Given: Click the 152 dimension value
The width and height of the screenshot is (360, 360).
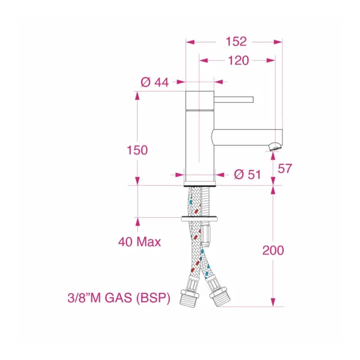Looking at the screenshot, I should pyautogui.click(x=236, y=41).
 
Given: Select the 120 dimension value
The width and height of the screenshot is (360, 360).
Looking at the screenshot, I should pyautogui.click(x=238, y=61).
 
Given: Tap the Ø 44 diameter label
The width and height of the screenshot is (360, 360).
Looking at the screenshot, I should pyautogui.click(x=155, y=82).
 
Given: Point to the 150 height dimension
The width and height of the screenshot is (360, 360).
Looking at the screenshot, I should pyautogui.click(x=137, y=150).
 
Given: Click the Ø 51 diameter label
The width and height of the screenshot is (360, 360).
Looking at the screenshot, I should pyautogui.click(x=247, y=174).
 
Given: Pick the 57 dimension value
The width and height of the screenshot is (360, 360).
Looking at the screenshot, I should pyautogui.click(x=286, y=168).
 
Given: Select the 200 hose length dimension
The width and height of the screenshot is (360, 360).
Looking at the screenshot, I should pyautogui.click(x=273, y=250).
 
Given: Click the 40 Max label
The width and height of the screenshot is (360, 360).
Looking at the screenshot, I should pyautogui.click(x=139, y=242).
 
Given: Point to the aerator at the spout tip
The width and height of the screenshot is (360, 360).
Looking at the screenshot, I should pyautogui.click(x=274, y=147).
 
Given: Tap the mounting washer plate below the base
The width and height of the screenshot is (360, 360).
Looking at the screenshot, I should pyautogui.click(x=200, y=218).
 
